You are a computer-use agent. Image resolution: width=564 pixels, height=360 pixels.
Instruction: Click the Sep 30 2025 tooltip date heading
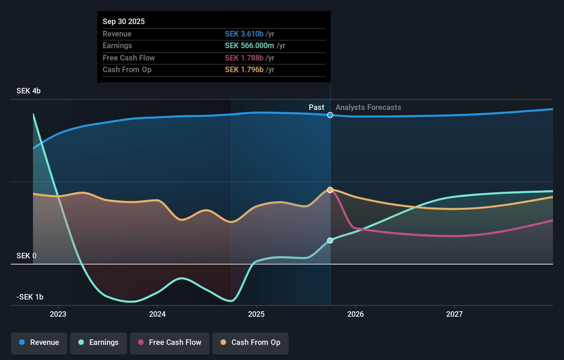(x=124, y=21)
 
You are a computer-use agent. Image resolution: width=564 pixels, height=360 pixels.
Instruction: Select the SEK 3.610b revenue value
(x=244, y=34)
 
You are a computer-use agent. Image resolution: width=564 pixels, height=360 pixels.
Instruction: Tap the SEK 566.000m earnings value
(x=249, y=45)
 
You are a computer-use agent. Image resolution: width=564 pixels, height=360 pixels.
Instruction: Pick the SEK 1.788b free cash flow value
(x=244, y=58)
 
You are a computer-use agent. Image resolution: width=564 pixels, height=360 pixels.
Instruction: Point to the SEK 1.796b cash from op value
(x=244, y=69)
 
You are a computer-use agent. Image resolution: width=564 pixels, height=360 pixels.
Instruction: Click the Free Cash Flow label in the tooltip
(x=129, y=58)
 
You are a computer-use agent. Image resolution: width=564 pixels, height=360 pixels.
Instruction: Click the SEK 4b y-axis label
(x=29, y=91)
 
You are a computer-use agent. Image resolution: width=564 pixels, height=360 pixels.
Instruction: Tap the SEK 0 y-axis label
(x=26, y=256)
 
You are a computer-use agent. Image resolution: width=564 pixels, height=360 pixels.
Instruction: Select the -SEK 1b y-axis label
(x=30, y=297)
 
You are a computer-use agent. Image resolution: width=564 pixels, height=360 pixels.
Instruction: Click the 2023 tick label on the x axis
(x=58, y=314)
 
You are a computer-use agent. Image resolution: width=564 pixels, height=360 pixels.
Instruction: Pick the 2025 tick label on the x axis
(x=256, y=314)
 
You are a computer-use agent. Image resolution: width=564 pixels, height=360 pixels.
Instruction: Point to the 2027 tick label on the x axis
(x=454, y=314)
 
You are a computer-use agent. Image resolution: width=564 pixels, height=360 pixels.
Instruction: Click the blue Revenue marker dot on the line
(x=330, y=115)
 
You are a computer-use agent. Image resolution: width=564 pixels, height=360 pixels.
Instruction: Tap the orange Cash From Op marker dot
(x=330, y=190)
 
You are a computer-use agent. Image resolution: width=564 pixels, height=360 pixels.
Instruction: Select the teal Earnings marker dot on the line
(x=330, y=240)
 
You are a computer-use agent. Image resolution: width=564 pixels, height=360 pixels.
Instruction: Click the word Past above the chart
(x=316, y=107)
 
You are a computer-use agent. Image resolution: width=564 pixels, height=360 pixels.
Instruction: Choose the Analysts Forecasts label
(x=368, y=107)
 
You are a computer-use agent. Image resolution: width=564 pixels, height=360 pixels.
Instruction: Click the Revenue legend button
(x=39, y=342)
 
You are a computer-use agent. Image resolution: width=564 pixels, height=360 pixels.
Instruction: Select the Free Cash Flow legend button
(x=170, y=342)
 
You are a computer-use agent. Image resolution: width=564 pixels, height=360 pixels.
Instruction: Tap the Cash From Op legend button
(x=250, y=342)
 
